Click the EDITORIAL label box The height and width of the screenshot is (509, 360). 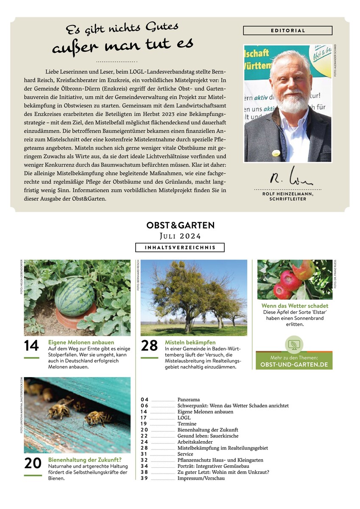tap(287, 31)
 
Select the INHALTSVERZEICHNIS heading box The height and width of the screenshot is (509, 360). tap(180, 247)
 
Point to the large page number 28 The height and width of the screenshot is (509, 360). tap(149, 346)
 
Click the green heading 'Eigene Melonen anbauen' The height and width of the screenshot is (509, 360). tap(81, 342)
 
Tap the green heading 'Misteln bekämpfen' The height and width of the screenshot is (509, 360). tap(190, 342)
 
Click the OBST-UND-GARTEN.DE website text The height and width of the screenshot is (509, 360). tap(294, 365)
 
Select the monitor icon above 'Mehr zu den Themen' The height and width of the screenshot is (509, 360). tap(294, 344)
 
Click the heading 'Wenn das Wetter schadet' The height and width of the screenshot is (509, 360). tap(295, 305)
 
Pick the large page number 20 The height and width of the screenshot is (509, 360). tap(33, 463)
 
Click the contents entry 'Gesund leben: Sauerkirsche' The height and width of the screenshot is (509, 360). tap(208, 436)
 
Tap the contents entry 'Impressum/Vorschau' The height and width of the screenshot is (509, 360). tap(201, 478)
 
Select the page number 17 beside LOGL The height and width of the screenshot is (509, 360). tap(145, 418)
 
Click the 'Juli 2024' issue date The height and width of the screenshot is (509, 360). tap(180, 236)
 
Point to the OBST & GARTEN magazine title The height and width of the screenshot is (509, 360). tap(180, 225)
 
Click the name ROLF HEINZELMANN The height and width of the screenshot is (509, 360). tap(287, 193)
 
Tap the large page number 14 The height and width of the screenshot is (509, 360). tap(31, 346)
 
